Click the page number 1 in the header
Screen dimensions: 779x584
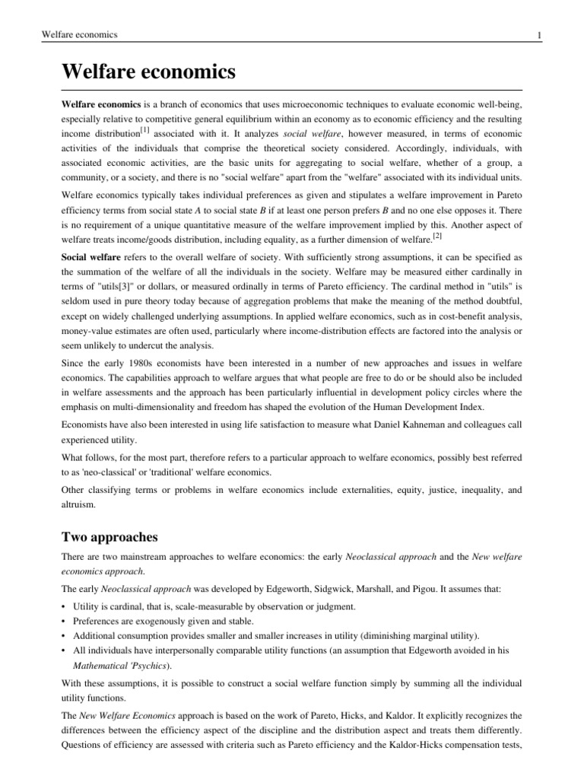click(x=538, y=36)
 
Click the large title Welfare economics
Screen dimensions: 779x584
click(x=148, y=73)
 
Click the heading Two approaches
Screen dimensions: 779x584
click(x=109, y=537)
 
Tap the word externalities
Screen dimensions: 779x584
click(x=358, y=490)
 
